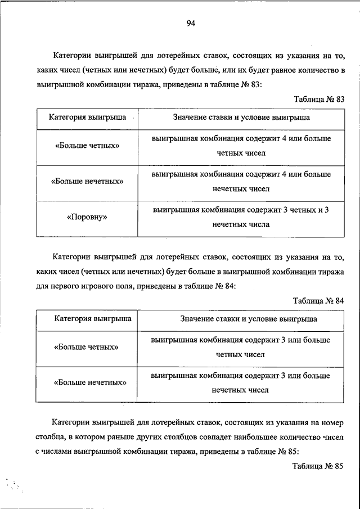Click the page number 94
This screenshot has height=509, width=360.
(x=190, y=23)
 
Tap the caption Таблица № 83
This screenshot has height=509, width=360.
(x=319, y=99)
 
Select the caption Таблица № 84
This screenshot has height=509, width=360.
(x=319, y=300)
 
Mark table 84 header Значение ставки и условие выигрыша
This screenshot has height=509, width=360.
(x=248, y=319)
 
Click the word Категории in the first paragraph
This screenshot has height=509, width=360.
(x=71, y=56)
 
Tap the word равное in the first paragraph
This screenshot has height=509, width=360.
(x=272, y=71)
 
